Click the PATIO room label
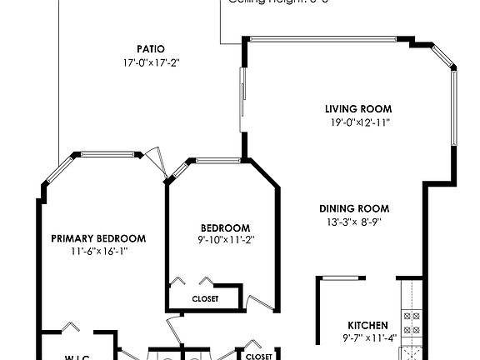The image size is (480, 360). pyautogui.click(x=151, y=48)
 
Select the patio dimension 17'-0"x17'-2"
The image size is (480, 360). pyautogui.click(x=151, y=62)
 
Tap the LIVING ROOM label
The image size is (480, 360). pyautogui.click(x=357, y=109)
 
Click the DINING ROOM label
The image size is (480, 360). pyautogui.click(x=354, y=209)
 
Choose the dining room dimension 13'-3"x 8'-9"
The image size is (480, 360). pyautogui.click(x=354, y=222)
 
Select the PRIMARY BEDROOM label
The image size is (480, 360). pyautogui.click(x=98, y=237)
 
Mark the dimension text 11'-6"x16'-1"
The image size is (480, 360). pyautogui.click(x=98, y=251)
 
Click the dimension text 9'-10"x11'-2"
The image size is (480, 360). pyautogui.click(x=225, y=240)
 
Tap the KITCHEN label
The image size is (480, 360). pyautogui.click(x=367, y=325)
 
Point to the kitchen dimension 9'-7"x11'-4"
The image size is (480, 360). pyautogui.click(x=367, y=338)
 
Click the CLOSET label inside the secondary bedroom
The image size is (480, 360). pyautogui.click(x=205, y=297)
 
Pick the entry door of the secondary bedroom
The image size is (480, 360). pyautogui.click(x=260, y=302)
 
